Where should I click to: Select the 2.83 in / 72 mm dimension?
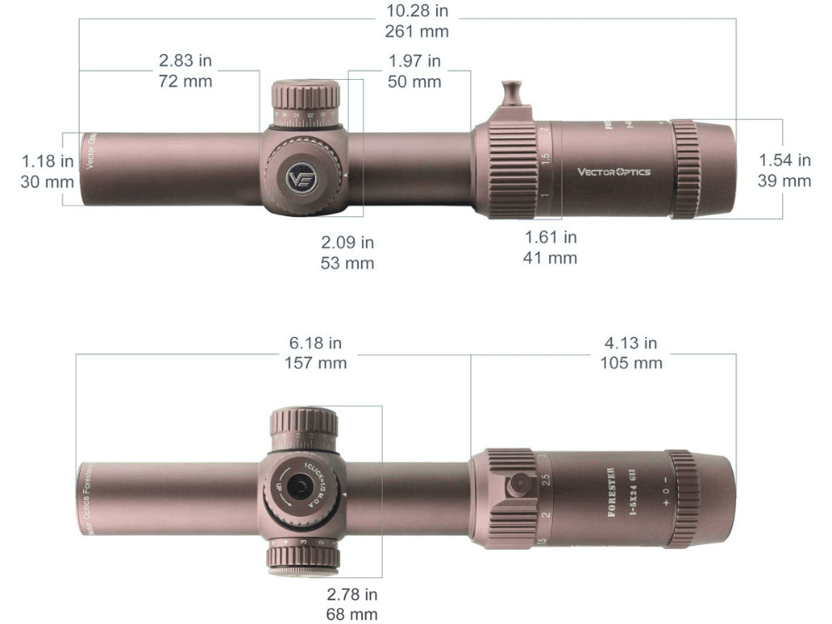coord(185,71)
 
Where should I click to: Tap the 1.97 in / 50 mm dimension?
coord(414,71)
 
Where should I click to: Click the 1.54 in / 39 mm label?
coord(784,171)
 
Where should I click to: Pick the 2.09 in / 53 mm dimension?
coord(347,252)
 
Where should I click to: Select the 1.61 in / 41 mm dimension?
coord(550,247)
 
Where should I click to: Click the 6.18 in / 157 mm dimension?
coord(315,353)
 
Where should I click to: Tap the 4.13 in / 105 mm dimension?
coord(631,353)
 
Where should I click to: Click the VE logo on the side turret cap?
coord(300,178)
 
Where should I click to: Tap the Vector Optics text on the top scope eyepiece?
coord(614,172)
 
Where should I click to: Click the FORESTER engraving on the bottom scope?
coord(612,493)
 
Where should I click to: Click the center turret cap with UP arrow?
coord(300,489)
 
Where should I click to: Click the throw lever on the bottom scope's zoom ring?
coord(520,484)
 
